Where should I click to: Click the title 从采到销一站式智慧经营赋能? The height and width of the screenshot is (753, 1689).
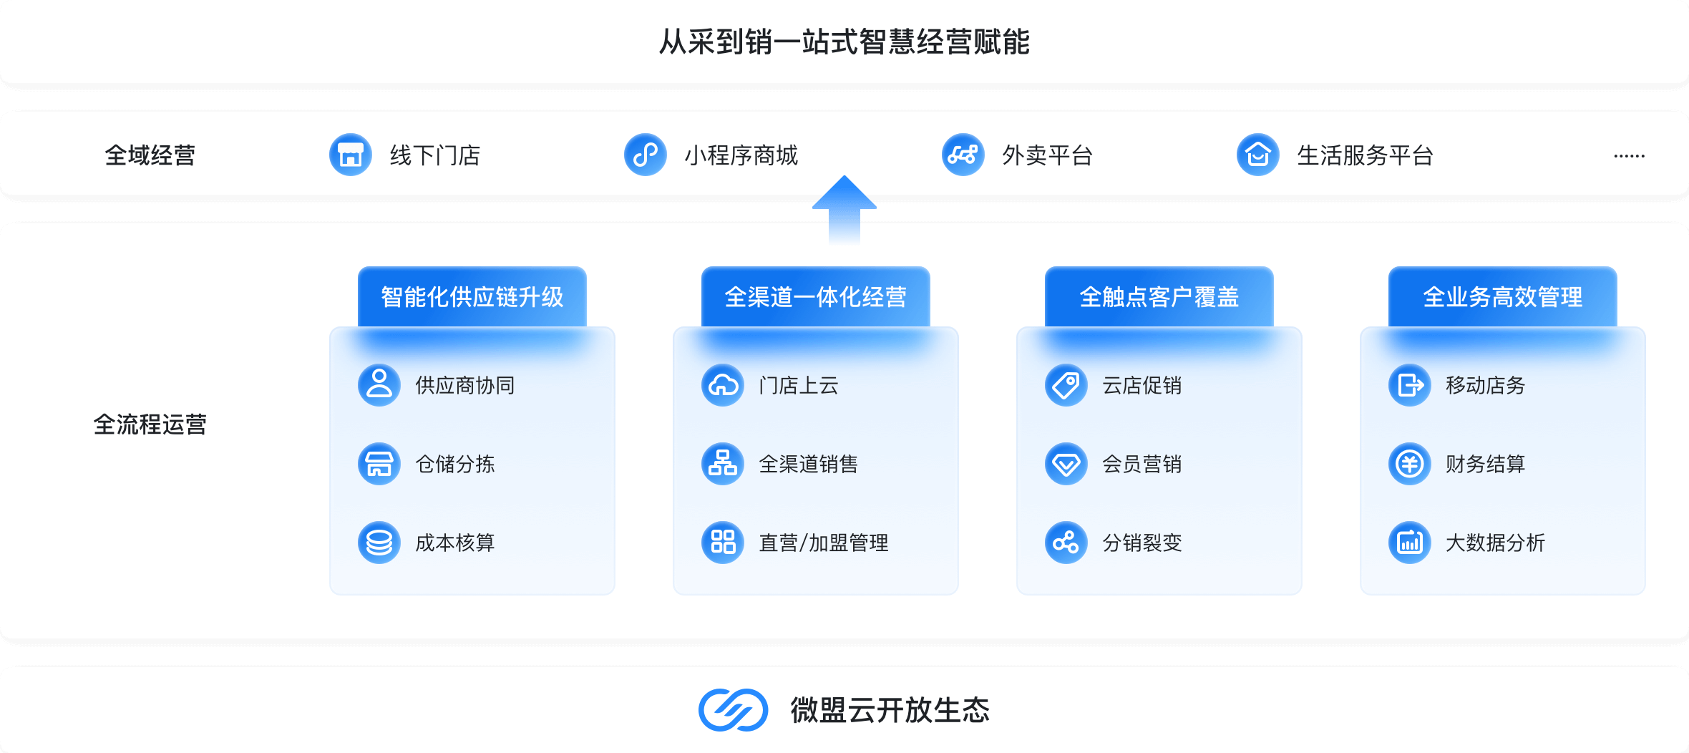click(844, 42)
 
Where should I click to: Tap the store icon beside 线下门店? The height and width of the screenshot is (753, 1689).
click(350, 155)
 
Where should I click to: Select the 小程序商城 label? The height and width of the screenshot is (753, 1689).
click(741, 155)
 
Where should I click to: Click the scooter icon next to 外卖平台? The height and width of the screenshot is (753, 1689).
click(963, 155)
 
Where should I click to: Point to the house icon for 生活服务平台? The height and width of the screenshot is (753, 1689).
click(1257, 155)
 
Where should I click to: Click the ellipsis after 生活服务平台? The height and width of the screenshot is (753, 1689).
click(1629, 155)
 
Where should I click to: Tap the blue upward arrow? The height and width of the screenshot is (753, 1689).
click(844, 204)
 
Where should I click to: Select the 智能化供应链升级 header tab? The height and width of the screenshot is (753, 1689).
click(472, 297)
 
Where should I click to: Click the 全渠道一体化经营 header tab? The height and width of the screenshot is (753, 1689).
click(815, 297)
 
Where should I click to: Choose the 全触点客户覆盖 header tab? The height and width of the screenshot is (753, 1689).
click(1159, 297)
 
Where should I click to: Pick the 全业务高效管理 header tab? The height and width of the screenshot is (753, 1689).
click(1502, 297)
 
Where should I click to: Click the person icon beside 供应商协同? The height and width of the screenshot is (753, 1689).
click(379, 385)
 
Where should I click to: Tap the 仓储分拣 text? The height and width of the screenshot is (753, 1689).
click(455, 464)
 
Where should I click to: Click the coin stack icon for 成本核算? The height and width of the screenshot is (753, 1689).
click(379, 543)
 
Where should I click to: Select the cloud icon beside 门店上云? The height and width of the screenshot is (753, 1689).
click(722, 385)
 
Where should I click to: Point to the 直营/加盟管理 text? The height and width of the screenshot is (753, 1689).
click(823, 543)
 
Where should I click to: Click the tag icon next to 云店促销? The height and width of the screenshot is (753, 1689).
click(1066, 385)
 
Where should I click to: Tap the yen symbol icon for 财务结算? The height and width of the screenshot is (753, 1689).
click(1409, 464)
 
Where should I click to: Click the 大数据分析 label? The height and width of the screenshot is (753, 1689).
click(1495, 543)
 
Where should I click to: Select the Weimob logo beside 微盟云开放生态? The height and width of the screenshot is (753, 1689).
click(733, 710)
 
